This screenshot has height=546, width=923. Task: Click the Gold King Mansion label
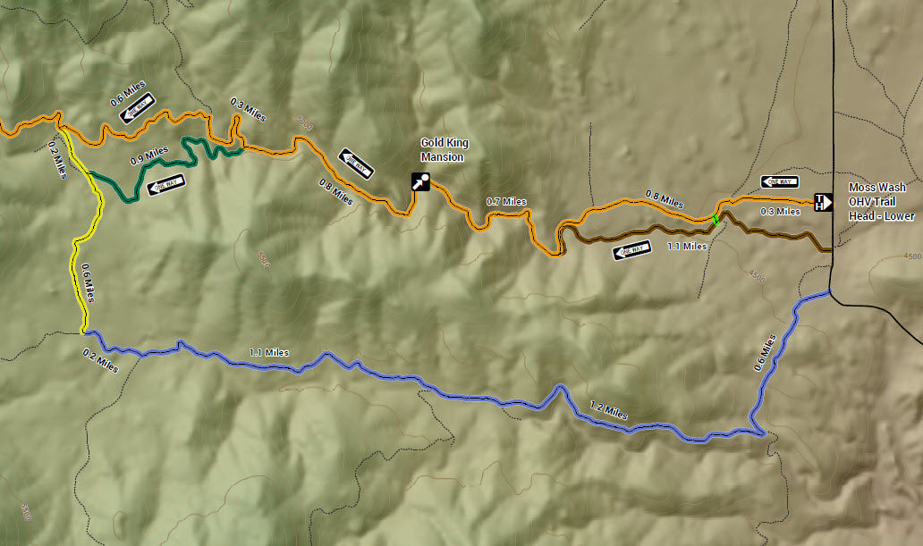click(445, 150)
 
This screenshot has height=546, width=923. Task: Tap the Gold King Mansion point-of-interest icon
click(420, 181)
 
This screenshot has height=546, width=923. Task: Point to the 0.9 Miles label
click(149, 155)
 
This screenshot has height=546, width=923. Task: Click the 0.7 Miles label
click(505, 202)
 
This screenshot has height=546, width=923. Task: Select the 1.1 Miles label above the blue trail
click(268, 352)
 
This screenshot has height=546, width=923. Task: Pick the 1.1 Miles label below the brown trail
click(688, 245)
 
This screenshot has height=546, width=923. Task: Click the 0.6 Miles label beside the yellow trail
click(88, 283)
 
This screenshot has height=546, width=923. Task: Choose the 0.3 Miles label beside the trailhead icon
click(780, 212)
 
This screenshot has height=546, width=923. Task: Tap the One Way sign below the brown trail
click(631, 251)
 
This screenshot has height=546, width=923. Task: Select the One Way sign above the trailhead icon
click(780, 181)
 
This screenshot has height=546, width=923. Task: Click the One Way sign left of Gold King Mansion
click(356, 163)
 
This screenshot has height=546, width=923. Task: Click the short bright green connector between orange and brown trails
click(716, 219)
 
